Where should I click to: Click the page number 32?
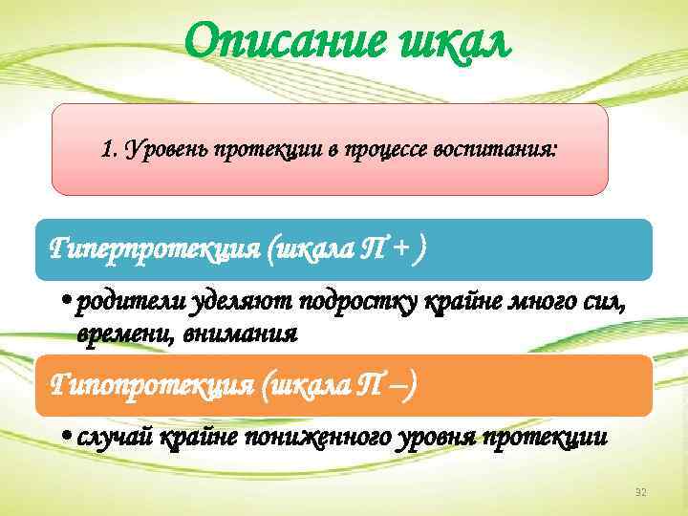(x=641, y=492)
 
